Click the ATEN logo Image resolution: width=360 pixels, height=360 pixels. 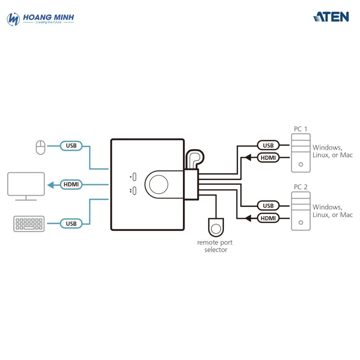[331, 17]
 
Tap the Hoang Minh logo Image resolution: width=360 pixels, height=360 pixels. [40, 19]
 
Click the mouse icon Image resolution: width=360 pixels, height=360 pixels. [40, 147]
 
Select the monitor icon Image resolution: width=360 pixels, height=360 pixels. [26, 186]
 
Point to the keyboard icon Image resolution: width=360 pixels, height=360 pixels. [29, 224]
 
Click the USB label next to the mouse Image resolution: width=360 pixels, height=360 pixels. [71, 146]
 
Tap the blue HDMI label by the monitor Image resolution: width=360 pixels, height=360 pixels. [71, 185]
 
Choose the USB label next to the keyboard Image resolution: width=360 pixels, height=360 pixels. [71, 224]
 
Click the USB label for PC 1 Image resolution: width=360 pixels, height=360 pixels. [268, 145]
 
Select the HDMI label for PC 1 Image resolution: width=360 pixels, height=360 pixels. [268, 157]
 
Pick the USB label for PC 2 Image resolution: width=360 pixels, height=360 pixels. [268, 206]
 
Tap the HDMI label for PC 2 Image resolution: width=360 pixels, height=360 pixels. [268, 218]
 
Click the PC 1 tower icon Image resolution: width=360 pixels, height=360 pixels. [301, 153]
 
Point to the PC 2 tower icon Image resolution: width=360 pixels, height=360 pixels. [301, 211]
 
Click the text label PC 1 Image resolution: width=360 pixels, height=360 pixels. [301, 129]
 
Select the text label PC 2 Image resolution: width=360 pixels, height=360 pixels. [301, 187]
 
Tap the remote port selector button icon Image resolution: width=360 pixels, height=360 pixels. [216, 228]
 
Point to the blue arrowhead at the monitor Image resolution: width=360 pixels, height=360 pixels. [51, 185]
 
